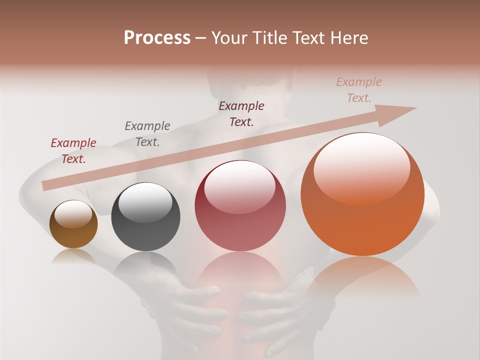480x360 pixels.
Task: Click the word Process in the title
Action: (157, 38)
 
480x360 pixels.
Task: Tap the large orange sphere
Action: (362, 220)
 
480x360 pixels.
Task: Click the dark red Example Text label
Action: (73, 150)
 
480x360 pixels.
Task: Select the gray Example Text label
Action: (147, 133)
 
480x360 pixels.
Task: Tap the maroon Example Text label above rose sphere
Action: (241, 113)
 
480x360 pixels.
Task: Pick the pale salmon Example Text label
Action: (359, 89)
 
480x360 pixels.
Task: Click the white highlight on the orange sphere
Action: (362, 167)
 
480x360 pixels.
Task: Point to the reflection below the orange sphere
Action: (362, 277)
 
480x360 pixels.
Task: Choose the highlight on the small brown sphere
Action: (73, 214)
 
